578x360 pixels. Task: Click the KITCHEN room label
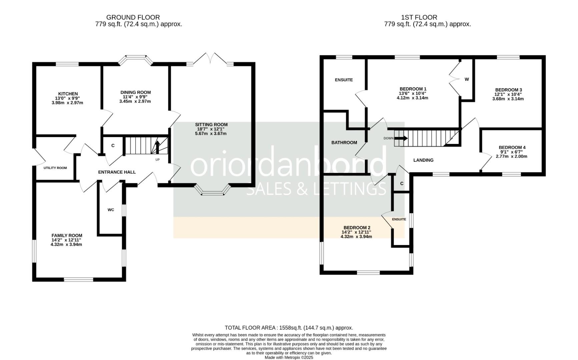coord(68,94)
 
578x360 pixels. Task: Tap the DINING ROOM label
coord(135,92)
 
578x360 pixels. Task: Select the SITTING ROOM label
coord(211,125)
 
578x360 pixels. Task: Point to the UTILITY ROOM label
coord(55,168)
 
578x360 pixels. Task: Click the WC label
coord(111,210)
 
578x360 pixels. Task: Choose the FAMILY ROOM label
coord(67,235)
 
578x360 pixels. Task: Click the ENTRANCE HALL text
coord(117,172)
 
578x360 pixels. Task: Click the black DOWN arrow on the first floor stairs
coord(401,138)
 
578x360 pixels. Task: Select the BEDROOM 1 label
coord(413,89)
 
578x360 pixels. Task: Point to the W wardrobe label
coord(467,79)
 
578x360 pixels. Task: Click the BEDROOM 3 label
coord(508,90)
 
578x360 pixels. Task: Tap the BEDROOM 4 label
coord(512,147)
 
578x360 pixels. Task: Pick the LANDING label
coord(423,160)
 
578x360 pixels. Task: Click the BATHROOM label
coord(344,142)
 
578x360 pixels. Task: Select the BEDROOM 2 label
coord(357,228)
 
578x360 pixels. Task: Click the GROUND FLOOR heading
coord(133,17)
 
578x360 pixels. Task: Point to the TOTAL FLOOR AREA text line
coord(289,328)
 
